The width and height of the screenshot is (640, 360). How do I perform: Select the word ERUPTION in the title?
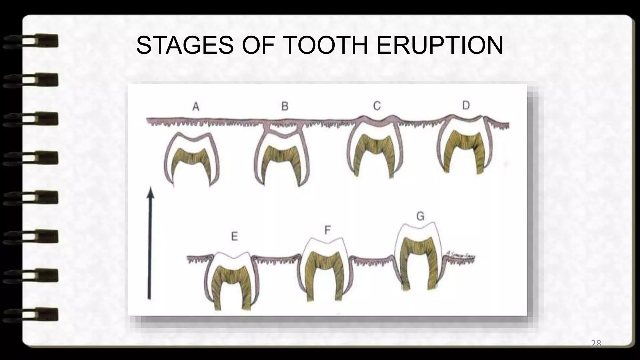439,45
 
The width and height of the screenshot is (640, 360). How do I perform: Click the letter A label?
196,107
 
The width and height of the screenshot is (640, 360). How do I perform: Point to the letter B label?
285,106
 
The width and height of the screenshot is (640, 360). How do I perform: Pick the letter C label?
377,106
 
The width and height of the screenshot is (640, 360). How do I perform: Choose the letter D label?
466,105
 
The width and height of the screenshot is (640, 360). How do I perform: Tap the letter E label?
234,236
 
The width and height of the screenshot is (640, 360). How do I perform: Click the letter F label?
327,230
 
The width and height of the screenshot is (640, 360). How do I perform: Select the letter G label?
420,216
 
